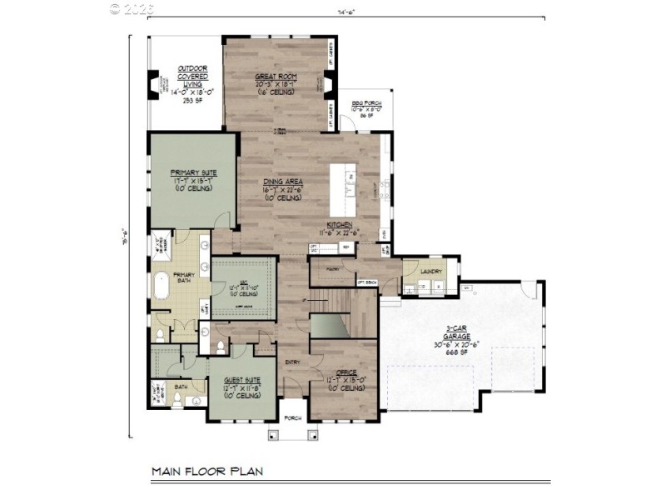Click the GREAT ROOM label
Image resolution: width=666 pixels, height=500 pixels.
(x=276, y=77)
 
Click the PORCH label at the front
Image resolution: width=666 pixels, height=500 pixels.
(x=293, y=418)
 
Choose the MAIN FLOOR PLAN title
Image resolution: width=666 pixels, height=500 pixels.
(x=206, y=472)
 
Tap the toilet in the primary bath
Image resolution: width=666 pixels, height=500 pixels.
(x=158, y=336)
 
